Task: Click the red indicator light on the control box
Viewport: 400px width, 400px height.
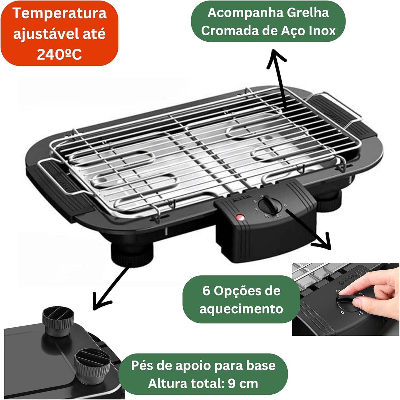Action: point(240,218)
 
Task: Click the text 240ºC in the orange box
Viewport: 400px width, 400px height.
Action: point(59,54)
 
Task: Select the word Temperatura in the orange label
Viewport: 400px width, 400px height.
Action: point(59,13)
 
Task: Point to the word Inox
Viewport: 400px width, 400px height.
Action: point(322,31)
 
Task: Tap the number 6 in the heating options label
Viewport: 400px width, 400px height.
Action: point(206,290)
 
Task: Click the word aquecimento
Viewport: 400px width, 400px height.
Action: point(241,309)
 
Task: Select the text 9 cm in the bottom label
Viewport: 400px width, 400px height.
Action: point(243,383)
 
